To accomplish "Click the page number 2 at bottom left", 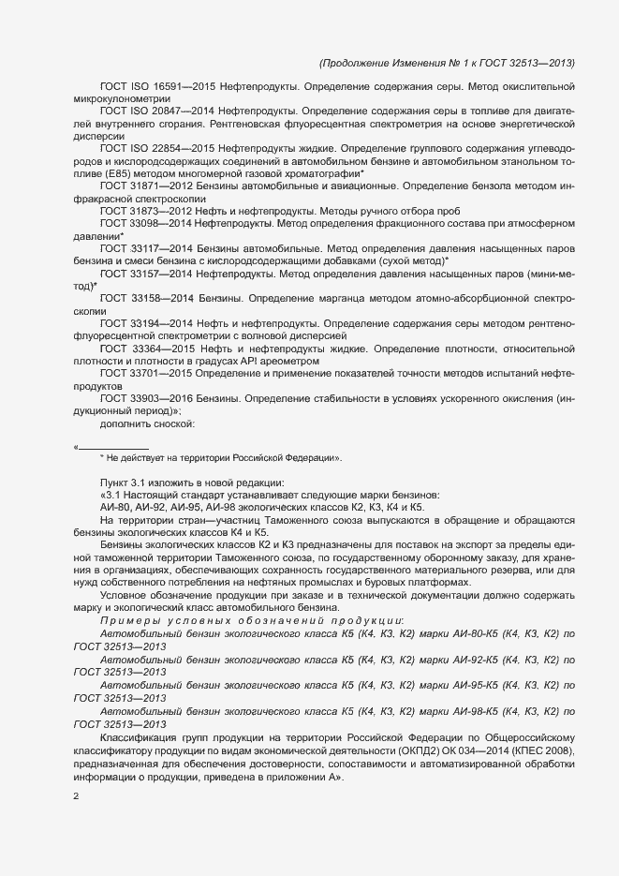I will click(x=76, y=797).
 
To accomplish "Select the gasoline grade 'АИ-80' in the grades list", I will click(x=115, y=507).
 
